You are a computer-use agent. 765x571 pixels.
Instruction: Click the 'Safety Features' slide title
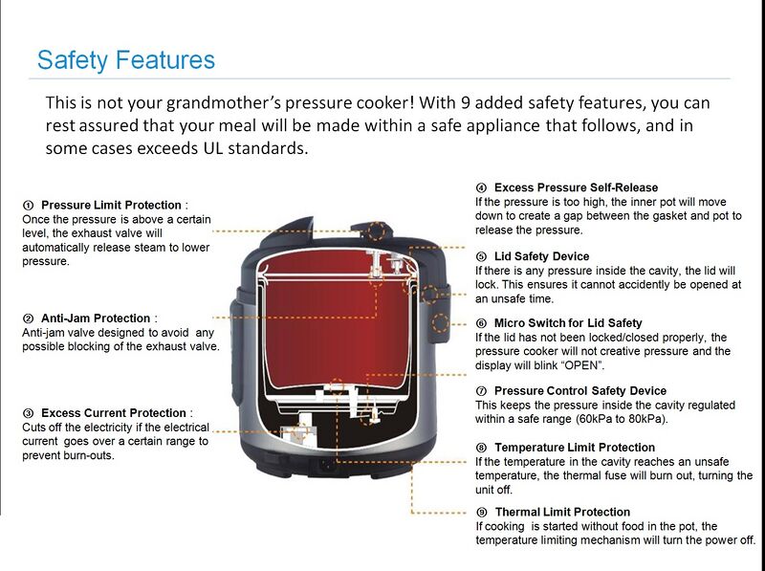125,60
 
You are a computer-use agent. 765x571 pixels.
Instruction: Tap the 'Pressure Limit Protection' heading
111,205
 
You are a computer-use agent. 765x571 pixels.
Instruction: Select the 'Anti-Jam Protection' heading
96,318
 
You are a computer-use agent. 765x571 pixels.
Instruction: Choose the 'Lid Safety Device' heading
541,256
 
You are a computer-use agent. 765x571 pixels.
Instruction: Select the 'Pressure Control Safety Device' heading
579,391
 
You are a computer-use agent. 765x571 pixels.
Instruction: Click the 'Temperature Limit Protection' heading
574,448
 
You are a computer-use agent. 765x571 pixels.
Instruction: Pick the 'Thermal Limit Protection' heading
562,513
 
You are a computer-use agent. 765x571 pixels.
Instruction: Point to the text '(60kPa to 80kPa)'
622,419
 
